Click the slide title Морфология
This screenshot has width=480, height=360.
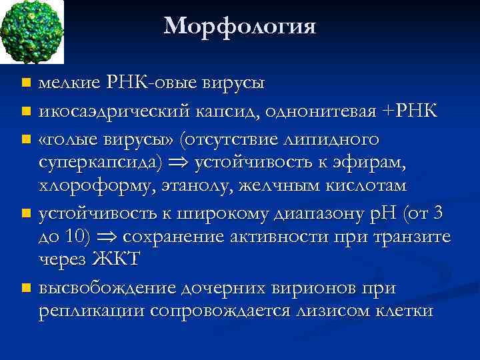(239, 26)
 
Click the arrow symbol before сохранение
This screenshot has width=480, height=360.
(111, 237)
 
